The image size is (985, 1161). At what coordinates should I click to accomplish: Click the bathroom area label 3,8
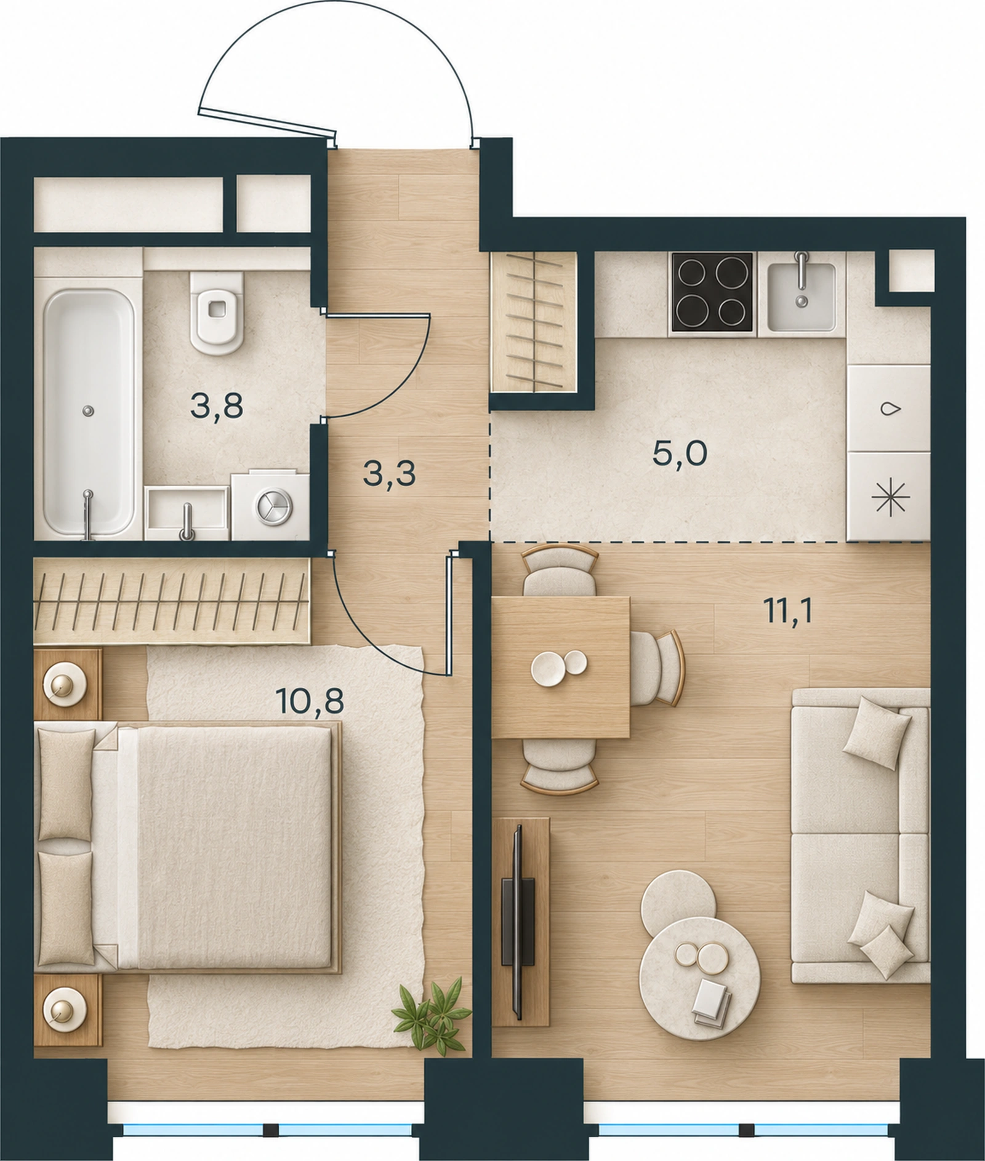[x=217, y=407]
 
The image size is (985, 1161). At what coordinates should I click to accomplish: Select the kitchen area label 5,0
[x=680, y=454]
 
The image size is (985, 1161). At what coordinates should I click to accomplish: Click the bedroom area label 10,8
[x=310, y=701]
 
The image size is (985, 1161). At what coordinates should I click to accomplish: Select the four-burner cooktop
[x=713, y=292]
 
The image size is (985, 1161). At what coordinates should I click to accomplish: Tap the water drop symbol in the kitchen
[x=888, y=409]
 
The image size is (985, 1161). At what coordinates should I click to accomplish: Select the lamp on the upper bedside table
[x=63, y=682]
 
